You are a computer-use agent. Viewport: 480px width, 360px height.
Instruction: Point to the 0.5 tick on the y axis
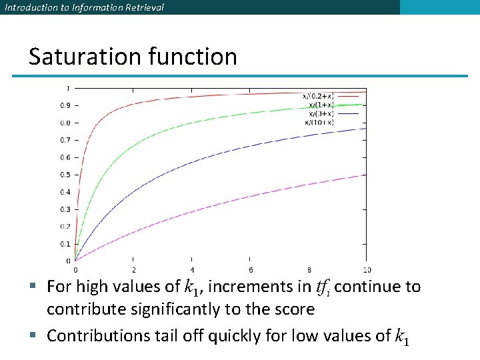click(x=65, y=175)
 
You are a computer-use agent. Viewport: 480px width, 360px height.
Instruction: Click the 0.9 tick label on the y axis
click(x=65, y=105)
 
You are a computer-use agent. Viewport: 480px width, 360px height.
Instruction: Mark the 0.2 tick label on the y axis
click(x=65, y=227)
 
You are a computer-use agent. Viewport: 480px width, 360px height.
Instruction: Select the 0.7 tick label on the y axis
click(x=65, y=140)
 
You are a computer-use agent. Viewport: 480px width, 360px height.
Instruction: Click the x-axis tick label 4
click(x=192, y=269)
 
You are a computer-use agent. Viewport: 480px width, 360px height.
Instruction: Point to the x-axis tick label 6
click(x=250, y=269)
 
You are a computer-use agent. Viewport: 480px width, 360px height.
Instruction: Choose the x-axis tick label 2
click(x=133, y=269)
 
